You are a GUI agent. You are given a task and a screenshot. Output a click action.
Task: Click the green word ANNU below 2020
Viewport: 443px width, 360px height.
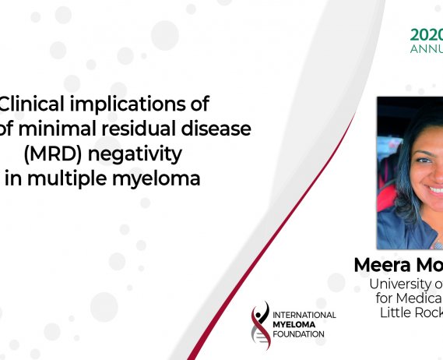(427, 48)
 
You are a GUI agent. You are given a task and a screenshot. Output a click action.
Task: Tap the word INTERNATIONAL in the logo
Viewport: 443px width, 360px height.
(305, 314)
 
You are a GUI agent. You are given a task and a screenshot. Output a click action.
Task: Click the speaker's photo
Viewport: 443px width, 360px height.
(410, 171)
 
